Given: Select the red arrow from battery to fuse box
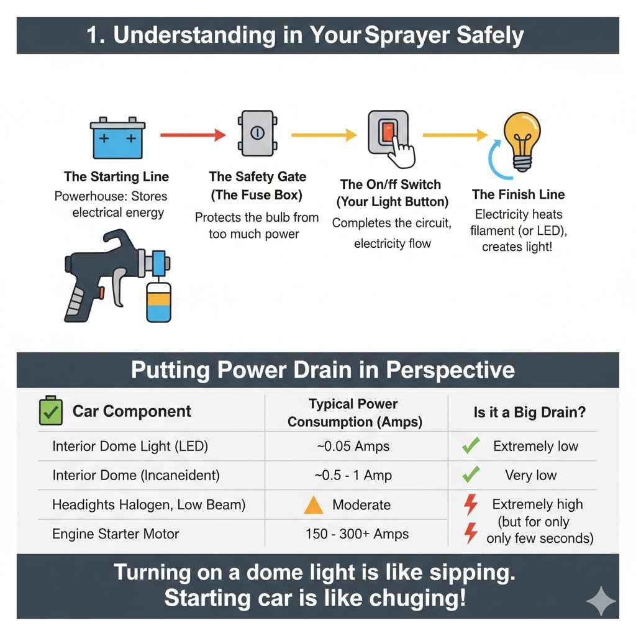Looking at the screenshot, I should (x=192, y=134).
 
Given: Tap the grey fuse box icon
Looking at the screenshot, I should (x=255, y=133).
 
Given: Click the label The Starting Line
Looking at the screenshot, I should (x=116, y=176).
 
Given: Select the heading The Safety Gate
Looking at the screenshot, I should (x=257, y=178).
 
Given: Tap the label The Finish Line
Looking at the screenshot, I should (x=518, y=194).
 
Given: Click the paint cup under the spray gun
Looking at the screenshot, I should (x=158, y=301).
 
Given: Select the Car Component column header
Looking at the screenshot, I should (x=132, y=411).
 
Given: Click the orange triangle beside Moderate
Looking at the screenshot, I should (x=313, y=505).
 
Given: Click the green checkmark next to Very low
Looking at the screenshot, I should (x=471, y=475).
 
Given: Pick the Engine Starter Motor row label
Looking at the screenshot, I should (x=116, y=534).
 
